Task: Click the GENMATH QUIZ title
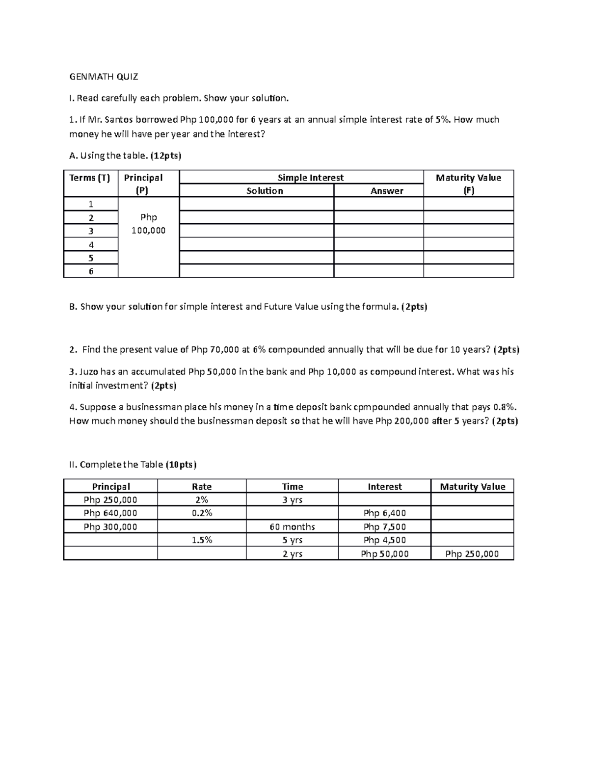pos(104,77)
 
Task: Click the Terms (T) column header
pos(90,178)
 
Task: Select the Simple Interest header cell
pos(310,178)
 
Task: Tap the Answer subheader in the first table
pos(387,191)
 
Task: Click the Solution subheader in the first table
pos(265,191)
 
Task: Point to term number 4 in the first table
pos(91,244)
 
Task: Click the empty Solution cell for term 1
pos(256,204)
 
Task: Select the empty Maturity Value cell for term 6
pos(468,271)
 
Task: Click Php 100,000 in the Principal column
pos(149,224)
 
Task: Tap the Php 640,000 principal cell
pos(110,513)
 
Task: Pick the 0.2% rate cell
pos(202,513)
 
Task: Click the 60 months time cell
pos(292,527)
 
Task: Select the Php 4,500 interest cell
pos(384,540)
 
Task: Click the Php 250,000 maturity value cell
pos(472,554)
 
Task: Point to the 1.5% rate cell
pos(202,540)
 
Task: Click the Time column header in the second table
pos(292,487)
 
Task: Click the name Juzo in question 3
pos(89,372)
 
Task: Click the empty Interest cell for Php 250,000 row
pos(384,500)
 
